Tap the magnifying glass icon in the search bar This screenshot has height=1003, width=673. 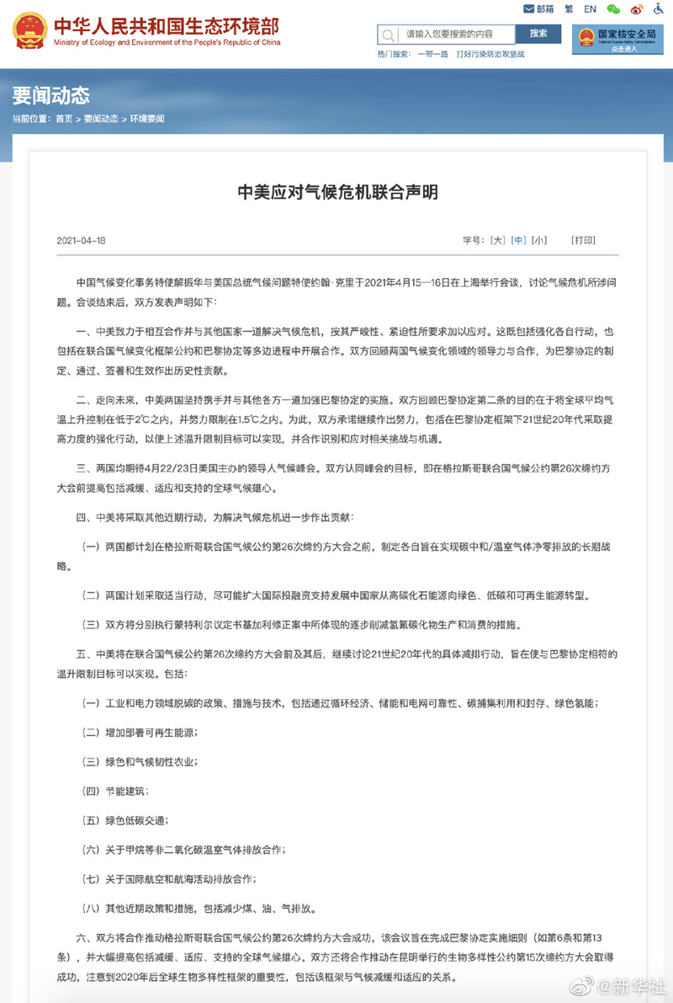tap(388, 35)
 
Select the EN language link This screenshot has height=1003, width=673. tap(590, 9)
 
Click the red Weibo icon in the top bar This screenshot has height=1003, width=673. tap(636, 9)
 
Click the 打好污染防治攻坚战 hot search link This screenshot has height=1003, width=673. tap(490, 55)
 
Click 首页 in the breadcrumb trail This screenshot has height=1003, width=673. tap(64, 119)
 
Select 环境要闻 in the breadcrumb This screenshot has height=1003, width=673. tap(147, 119)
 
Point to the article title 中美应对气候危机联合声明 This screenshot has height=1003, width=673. tap(337, 194)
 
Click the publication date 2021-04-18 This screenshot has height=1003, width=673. tap(81, 240)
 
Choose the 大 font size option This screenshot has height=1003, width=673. tap(498, 240)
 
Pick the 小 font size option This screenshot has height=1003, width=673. tap(539, 240)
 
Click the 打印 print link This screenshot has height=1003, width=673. tap(583, 240)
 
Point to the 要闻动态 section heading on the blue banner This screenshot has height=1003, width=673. tap(50, 94)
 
